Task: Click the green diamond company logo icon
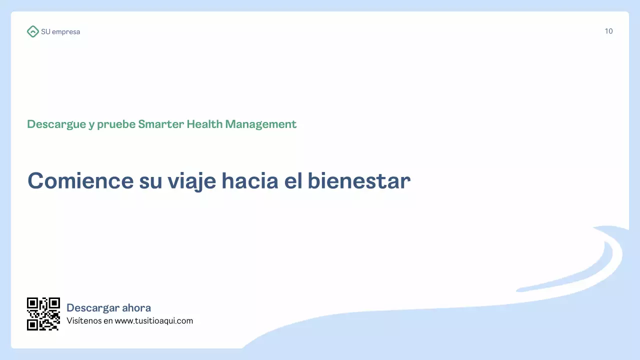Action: click(x=32, y=31)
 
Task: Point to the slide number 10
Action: click(x=608, y=31)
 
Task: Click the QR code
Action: click(x=43, y=314)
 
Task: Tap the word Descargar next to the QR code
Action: click(x=92, y=308)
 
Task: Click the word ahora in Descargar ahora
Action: click(x=136, y=308)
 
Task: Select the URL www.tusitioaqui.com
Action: click(x=154, y=321)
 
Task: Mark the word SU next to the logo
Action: click(x=45, y=32)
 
